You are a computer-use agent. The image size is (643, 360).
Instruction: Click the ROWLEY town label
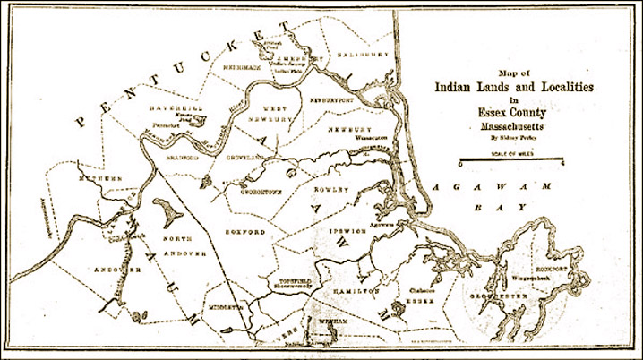pos(325,190)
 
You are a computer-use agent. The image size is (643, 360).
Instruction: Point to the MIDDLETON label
pos(228,306)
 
